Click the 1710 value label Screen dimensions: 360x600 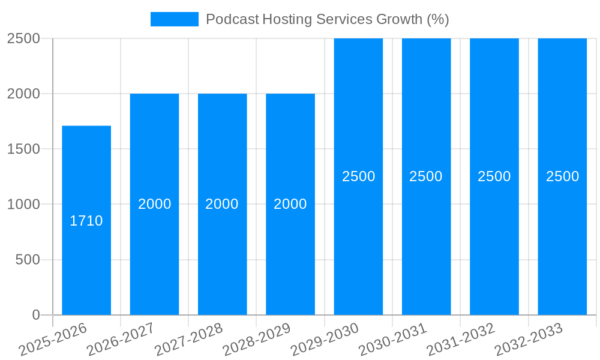tap(86, 221)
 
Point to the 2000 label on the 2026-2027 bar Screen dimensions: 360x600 tap(154, 204)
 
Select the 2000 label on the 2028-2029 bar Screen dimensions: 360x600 tap(290, 204)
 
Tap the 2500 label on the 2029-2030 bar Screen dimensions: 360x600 tap(358, 176)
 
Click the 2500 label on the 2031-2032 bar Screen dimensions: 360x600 tap(494, 176)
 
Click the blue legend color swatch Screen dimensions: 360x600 tap(174, 19)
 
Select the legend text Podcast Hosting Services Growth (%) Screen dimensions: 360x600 tap(327, 19)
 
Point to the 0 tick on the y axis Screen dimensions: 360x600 tap(35, 315)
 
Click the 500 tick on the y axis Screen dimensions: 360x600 tap(28, 260)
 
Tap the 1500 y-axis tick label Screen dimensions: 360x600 tap(24, 149)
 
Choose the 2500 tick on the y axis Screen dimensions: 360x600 tap(24, 38)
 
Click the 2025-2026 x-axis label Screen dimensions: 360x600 tap(53, 340)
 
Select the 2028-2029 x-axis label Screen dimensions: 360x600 tap(257, 340)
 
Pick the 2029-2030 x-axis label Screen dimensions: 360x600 tap(325, 340)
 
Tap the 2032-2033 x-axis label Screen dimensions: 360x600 tap(529, 340)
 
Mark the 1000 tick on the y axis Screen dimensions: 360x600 tap(24, 204)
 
